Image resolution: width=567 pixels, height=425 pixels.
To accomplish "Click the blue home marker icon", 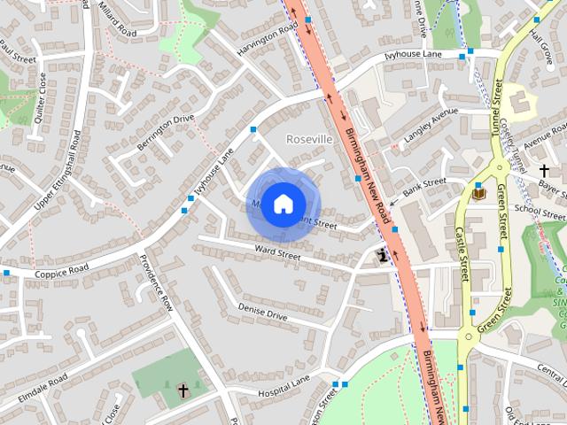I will click(282, 204).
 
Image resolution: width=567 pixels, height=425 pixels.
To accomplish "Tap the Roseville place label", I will click(310, 140).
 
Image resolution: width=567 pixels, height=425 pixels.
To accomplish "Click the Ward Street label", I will click(277, 254).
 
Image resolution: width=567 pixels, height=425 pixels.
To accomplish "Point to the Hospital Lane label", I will click(283, 384).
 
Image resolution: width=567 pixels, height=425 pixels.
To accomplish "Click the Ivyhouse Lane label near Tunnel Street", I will click(414, 56).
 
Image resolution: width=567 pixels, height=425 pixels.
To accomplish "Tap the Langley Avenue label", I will click(431, 125).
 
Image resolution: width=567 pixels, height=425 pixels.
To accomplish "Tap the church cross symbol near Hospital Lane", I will click(183, 390).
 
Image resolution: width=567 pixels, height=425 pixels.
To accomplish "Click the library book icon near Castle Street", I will click(478, 192).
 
